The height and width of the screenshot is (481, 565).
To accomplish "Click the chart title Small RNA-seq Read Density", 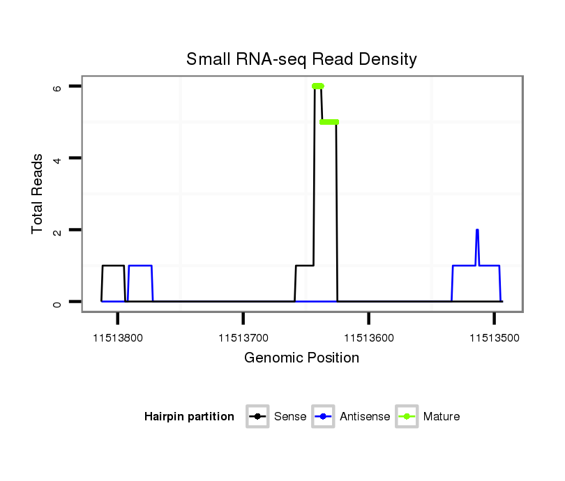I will tap(301, 59).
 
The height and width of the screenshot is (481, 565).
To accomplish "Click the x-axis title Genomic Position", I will tap(301, 358).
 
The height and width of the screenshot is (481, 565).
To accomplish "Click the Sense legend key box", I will tap(257, 417).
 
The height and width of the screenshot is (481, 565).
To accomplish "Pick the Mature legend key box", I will tap(406, 417).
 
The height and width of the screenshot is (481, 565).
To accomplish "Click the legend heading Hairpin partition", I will tap(189, 417).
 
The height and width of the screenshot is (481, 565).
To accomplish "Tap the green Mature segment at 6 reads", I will tap(318, 86).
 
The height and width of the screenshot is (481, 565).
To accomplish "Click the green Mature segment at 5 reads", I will tap(329, 122).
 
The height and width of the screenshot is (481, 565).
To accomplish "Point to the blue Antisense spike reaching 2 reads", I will tap(477, 231).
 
